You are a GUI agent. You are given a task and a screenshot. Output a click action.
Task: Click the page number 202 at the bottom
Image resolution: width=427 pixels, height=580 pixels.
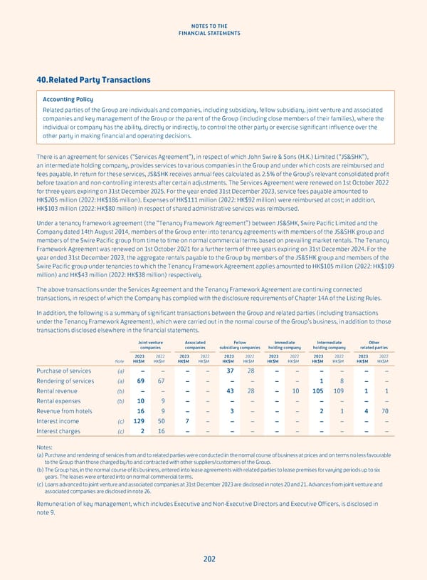tap(209, 559)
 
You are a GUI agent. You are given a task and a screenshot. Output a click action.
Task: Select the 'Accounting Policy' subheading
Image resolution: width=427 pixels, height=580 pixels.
tap(68, 99)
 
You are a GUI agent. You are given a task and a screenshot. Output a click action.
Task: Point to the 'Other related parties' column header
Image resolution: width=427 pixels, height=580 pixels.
tap(375, 344)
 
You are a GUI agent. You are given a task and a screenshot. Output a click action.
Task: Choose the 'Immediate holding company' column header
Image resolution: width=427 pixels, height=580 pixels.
tap(284, 344)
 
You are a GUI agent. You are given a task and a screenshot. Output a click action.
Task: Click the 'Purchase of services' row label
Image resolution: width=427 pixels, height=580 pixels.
tap(65, 371)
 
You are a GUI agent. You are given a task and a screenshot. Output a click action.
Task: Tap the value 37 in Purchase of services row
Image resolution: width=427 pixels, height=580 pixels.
tap(230, 371)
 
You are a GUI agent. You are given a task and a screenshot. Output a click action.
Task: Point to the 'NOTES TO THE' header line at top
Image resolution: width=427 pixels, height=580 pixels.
tap(213, 24)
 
